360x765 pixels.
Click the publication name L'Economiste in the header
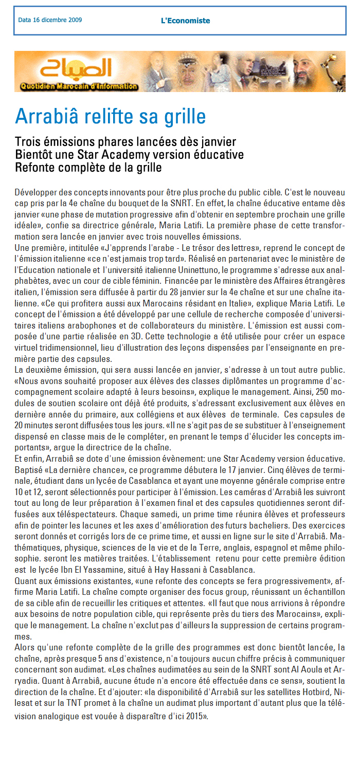pyautogui.click(x=185, y=21)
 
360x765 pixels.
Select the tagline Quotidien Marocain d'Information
pyautogui.click(x=79, y=86)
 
